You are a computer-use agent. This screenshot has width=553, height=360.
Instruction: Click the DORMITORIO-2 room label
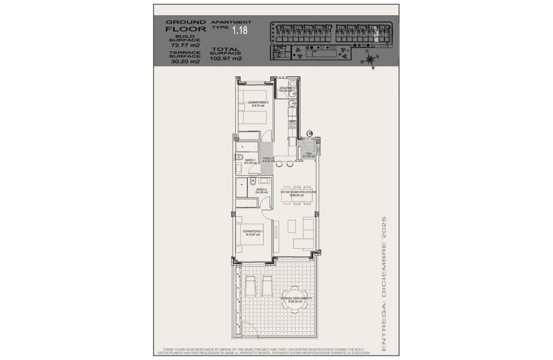coord(258,104)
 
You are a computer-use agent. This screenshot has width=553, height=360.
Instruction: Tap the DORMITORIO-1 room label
coord(253,233)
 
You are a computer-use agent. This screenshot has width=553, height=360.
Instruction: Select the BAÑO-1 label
coord(250,161)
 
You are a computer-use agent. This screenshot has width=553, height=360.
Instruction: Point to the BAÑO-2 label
coord(261,191)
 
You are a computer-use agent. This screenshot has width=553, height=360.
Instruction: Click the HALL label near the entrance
coord(309,155)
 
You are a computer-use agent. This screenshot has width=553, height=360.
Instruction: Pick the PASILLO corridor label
coord(269,159)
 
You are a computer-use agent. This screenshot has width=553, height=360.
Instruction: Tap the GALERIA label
coord(286,89)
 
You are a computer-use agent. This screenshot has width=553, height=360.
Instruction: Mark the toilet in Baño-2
coord(253,182)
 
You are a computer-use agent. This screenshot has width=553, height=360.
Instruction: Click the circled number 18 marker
coord(310,134)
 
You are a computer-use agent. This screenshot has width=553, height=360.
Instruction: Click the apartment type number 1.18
coord(240,30)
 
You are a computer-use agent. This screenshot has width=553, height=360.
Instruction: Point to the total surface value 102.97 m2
coord(225,59)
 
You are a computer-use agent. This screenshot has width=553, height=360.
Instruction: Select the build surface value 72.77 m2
coord(185,45)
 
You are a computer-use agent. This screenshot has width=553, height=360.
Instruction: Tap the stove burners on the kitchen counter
coord(292,124)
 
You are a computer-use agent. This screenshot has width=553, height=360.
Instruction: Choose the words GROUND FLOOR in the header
coord(186,26)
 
